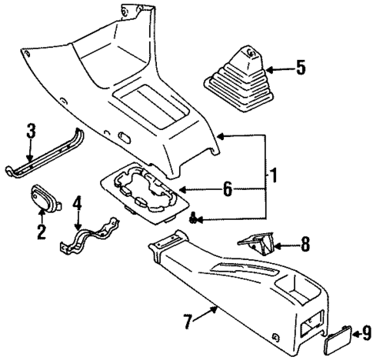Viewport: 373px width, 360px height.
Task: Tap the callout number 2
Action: [40, 232]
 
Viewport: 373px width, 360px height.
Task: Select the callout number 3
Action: [31, 132]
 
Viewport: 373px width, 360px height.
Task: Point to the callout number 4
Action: [77, 205]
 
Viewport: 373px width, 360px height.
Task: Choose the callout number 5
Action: [300, 68]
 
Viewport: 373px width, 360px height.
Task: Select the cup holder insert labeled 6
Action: [144, 189]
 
